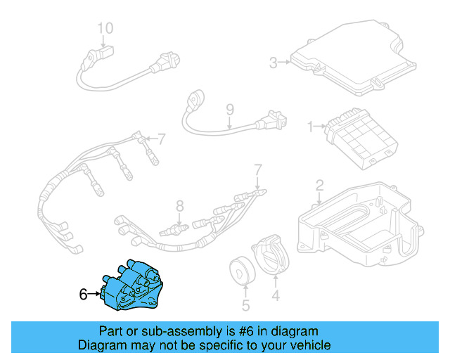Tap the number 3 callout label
(x=274, y=63)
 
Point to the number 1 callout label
(x=310, y=127)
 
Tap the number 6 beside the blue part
(x=83, y=295)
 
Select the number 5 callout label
(x=245, y=305)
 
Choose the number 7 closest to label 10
(x=161, y=138)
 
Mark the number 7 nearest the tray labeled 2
(x=257, y=169)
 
